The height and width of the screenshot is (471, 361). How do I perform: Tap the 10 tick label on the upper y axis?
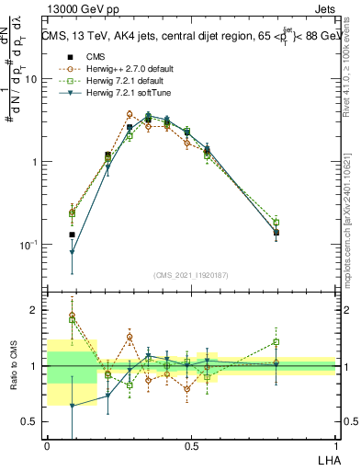click(30, 79)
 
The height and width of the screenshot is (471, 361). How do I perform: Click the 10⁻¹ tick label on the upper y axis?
click(28, 245)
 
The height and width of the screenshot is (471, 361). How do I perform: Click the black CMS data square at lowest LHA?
click(72, 235)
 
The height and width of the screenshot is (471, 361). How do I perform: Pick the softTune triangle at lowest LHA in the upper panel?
click(72, 252)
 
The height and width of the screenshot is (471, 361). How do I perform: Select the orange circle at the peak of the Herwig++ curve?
click(130, 114)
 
